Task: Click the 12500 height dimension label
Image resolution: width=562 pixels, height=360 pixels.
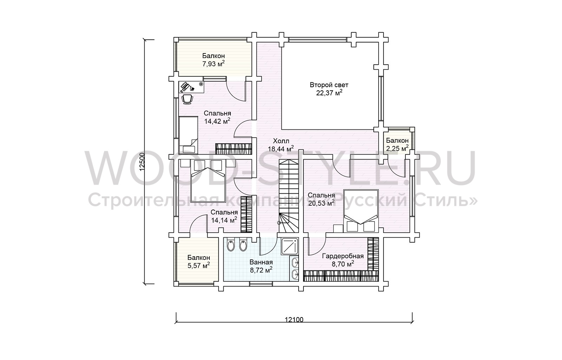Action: (x=142, y=162)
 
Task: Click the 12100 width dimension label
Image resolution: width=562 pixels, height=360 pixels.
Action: (x=294, y=320)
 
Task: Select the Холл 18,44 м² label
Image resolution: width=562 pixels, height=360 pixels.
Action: (x=281, y=145)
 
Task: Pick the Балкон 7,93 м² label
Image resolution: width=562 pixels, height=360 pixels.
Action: (x=214, y=60)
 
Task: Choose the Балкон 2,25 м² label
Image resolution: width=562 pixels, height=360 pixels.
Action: (x=397, y=144)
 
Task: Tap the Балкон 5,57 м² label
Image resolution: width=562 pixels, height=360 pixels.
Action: (x=199, y=262)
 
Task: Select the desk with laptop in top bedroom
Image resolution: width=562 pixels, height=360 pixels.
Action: (x=191, y=87)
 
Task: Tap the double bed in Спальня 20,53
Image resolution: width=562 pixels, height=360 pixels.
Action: (x=361, y=211)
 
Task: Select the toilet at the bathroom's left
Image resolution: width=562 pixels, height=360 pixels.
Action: (x=230, y=245)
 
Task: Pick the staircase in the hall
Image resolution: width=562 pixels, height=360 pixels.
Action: (x=288, y=196)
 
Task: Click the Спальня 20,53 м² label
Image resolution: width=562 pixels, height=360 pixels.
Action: (x=321, y=199)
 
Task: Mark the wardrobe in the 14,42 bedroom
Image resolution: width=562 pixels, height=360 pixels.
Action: (x=234, y=149)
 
